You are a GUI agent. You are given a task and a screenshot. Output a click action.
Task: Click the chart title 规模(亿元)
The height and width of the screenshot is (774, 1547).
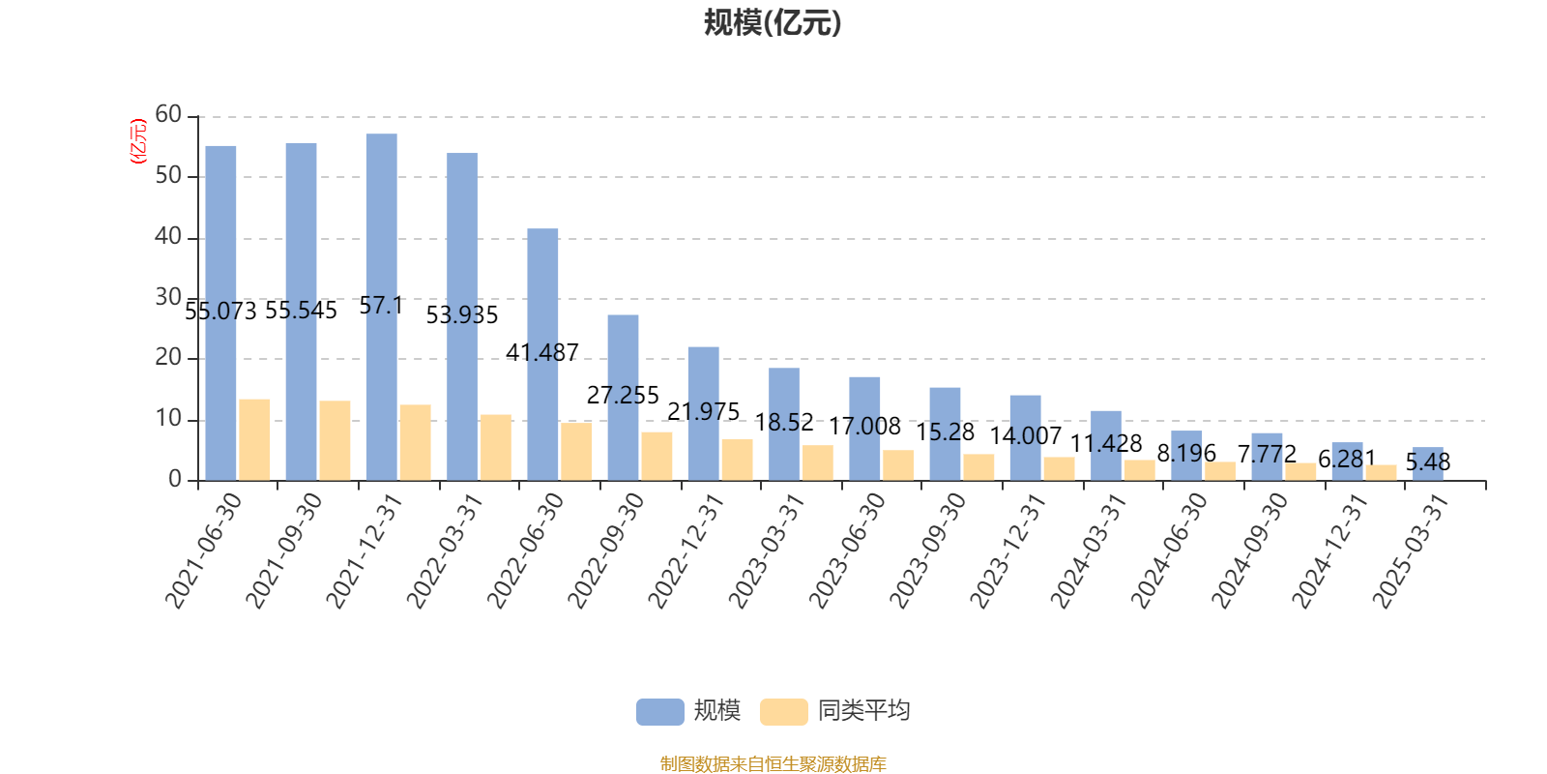click(772, 22)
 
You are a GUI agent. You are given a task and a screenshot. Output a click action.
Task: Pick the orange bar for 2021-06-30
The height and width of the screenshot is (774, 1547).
click(254, 439)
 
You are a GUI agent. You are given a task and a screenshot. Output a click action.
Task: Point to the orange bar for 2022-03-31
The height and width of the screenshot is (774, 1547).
click(496, 447)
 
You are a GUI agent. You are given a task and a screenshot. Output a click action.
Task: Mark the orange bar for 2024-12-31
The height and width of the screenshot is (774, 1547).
click(1381, 472)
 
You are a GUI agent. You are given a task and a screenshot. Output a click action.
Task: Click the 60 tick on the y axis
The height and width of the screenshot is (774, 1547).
click(168, 115)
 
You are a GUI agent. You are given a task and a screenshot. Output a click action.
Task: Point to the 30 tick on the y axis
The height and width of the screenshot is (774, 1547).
click(168, 298)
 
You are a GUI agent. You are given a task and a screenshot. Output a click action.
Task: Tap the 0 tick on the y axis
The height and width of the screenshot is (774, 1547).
click(175, 480)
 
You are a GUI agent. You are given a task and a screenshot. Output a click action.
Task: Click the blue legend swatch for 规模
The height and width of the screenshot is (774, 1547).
click(659, 711)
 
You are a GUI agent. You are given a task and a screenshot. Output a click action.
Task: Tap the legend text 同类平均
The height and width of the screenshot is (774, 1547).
click(863, 711)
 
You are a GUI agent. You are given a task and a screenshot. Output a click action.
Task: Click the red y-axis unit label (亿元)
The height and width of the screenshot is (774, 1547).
click(138, 141)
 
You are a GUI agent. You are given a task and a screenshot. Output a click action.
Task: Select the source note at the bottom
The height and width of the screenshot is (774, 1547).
click(773, 764)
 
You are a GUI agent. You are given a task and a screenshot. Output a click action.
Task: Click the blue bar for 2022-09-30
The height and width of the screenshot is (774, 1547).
click(623, 397)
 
